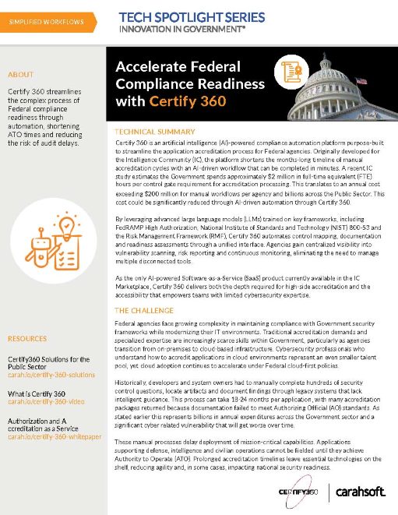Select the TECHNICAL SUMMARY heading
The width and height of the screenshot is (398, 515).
tap(155, 132)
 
